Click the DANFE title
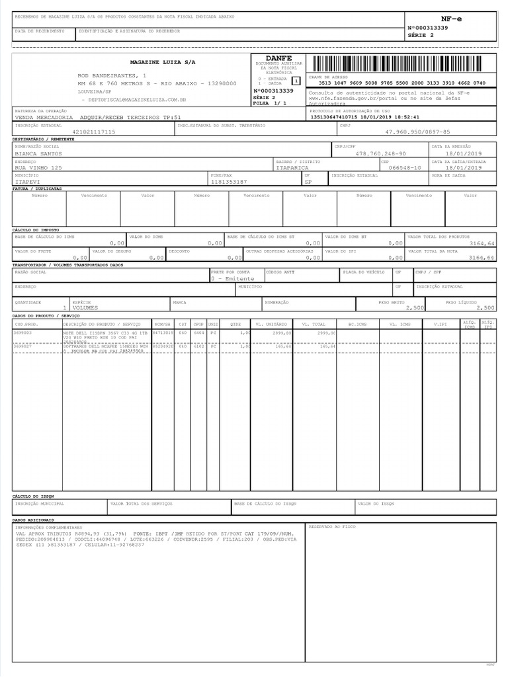point(278,58)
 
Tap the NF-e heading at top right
point(451,19)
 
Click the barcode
point(402,64)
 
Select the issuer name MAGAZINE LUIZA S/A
point(163,61)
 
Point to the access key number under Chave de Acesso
point(402,83)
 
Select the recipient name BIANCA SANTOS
point(38,153)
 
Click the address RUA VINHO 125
point(38,168)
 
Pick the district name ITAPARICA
point(292,168)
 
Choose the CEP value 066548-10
point(404,168)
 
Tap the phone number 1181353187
point(228,181)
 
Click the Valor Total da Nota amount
point(481,257)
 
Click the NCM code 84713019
point(162,333)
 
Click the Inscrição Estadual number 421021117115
point(94,132)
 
